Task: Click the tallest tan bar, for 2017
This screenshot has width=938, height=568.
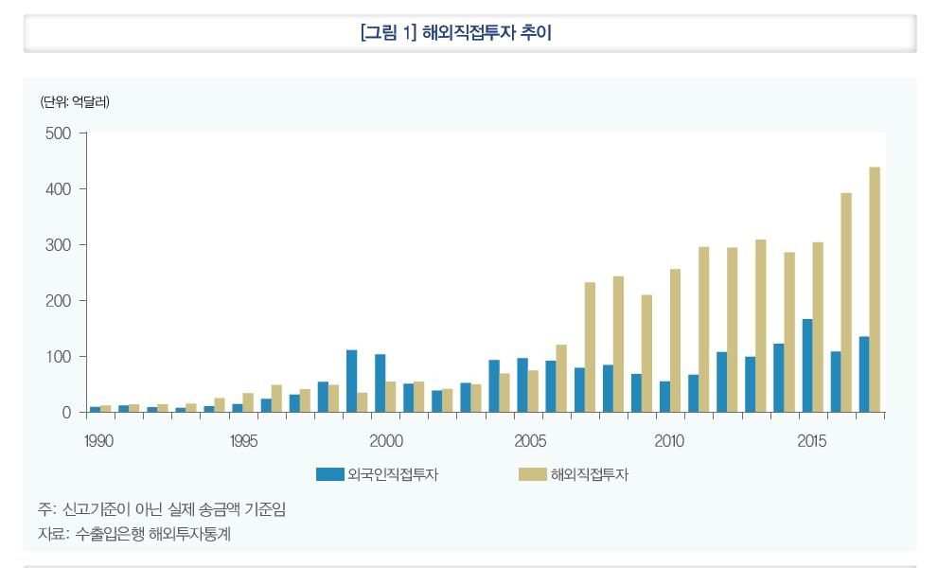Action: [x=875, y=290]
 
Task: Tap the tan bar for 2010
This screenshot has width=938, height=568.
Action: [x=676, y=341]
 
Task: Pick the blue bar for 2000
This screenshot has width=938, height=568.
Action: [x=380, y=383]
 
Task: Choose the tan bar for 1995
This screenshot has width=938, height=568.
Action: [x=248, y=402]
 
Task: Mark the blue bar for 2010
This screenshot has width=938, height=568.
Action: [x=664, y=397]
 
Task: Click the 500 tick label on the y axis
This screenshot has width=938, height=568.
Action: [x=58, y=133]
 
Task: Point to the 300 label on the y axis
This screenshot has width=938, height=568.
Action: [x=58, y=245]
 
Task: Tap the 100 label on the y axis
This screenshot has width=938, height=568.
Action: [x=58, y=357]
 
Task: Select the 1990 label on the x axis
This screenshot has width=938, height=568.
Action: [x=99, y=441]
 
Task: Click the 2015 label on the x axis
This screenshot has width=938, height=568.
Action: [x=811, y=441]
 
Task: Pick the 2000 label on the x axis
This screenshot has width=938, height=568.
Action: [x=385, y=441]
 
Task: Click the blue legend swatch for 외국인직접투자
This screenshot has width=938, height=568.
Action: [x=329, y=474]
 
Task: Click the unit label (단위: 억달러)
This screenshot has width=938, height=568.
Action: [x=75, y=102]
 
